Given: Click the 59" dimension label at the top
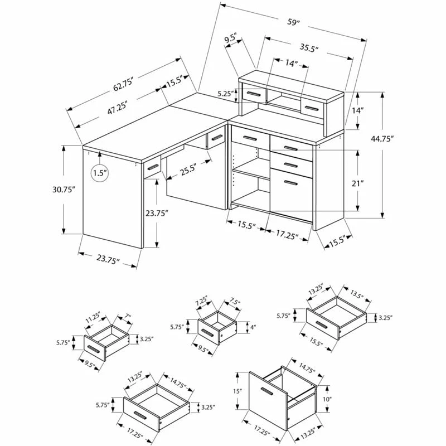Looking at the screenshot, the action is (x=294, y=22).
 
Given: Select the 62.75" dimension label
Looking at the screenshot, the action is (x=123, y=85).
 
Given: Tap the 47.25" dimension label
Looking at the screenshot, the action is (x=117, y=107).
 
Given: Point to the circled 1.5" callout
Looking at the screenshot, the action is (x=100, y=173).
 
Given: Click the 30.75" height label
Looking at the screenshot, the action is (x=64, y=190).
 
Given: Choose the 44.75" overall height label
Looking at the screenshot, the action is (x=382, y=138).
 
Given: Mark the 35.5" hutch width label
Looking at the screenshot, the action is (x=308, y=49).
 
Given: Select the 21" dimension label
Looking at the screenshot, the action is (x=358, y=183).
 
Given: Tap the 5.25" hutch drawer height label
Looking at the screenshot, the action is (x=226, y=94).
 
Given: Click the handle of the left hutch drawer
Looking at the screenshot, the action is (x=254, y=94).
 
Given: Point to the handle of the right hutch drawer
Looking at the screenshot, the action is (x=312, y=108).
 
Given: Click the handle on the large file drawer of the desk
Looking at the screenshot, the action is (x=290, y=183).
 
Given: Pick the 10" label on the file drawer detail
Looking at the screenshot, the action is (x=327, y=399).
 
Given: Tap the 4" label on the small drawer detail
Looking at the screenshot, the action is (x=253, y=327).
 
